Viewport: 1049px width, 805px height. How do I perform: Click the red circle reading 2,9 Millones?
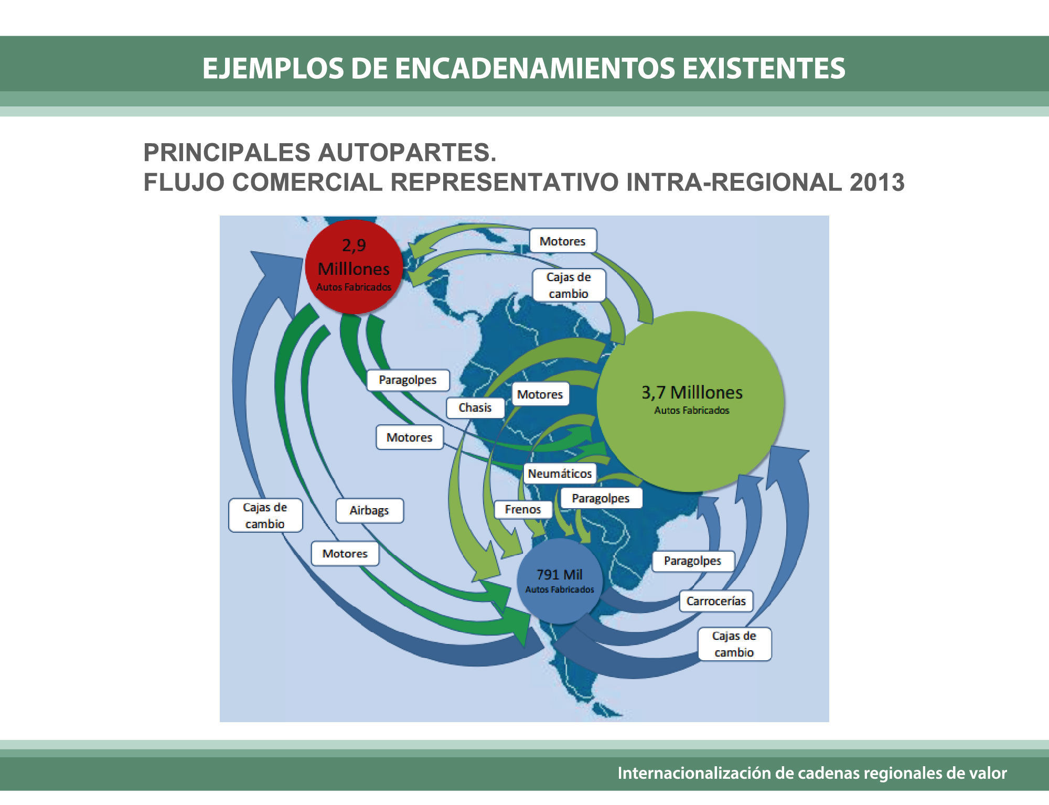pos(354,266)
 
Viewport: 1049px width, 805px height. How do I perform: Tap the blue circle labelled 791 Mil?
pos(560,581)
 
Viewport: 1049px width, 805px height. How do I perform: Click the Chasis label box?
pos(475,407)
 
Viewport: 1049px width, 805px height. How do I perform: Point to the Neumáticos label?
pos(560,474)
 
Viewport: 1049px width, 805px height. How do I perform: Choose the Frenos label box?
pos(523,509)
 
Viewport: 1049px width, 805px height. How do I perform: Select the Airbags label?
pos(369,510)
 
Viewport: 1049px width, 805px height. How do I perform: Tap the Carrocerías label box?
pos(716,601)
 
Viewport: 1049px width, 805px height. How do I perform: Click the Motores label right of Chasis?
pos(540,394)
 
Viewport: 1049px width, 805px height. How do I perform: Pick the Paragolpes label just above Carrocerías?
pos(692,561)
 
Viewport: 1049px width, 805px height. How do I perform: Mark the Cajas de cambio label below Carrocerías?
pos(734,644)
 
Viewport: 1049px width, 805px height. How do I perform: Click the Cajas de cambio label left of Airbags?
pos(265,516)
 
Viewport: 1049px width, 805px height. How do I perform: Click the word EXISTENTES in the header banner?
pos(764,69)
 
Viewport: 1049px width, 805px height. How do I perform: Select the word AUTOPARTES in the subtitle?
pos(407,153)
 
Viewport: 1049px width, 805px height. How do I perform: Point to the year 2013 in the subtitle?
pos(877,183)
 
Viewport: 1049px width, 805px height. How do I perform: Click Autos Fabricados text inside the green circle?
pos(691,410)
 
